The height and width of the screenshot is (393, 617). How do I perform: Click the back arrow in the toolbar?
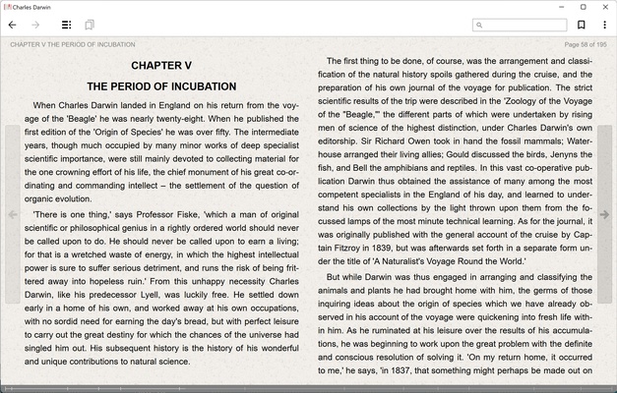pyautogui.click(x=13, y=25)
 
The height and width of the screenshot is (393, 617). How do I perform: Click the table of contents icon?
pyautogui.click(x=66, y=25)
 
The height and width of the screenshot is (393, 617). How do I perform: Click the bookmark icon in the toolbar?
pyautogui.click(x=582, y=25)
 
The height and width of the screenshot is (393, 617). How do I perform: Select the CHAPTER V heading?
pyautogui.click(x=161, y=66)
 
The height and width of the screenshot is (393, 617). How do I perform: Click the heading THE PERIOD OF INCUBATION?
pyautogui.click(x=161, y=86)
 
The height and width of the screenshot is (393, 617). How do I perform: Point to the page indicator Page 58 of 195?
pyautogui.click(x=585, y=44)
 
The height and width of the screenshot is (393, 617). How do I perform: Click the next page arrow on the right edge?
pyautogui.click(x=604, y=214)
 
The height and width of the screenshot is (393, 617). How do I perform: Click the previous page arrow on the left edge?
pyautogui.click(x=13, y=214)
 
